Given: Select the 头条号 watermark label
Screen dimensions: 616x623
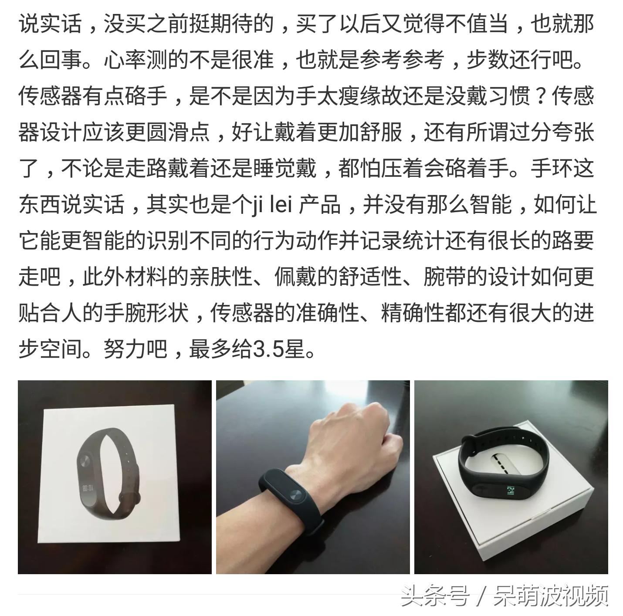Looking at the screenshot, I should click(x=434, y=596).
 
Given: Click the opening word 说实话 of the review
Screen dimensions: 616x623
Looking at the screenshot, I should click(x=50, y=24).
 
